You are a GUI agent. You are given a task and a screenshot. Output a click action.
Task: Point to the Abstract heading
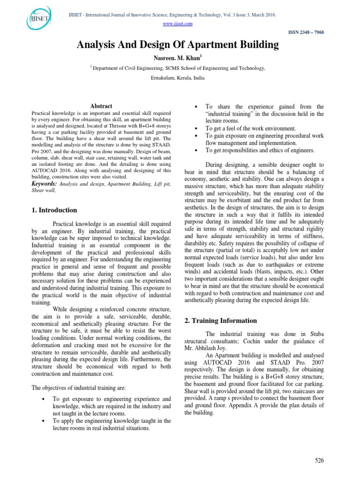101,106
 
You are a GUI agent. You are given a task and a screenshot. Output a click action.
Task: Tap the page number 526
319,460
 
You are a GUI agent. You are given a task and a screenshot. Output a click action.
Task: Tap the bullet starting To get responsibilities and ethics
260,150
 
